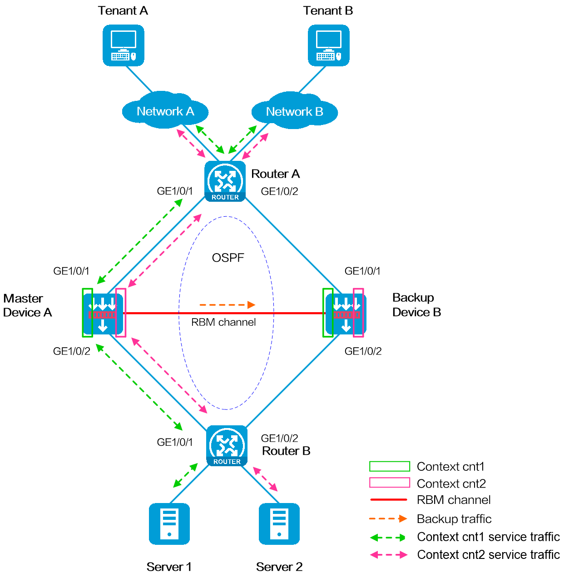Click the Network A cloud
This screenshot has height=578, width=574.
165,111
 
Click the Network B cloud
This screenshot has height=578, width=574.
294,111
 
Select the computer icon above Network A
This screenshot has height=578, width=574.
124,45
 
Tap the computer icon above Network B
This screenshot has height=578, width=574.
329,45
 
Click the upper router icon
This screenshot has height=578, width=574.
225,181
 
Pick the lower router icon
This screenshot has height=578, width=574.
227,446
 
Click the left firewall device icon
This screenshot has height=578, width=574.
104,314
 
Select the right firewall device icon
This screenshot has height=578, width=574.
346,314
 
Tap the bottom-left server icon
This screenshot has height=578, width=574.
169,523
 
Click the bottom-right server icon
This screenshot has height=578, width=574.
279,523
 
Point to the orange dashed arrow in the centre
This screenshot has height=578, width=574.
228,305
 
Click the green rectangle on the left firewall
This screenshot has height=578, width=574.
87,313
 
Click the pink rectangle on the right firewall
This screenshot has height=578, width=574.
359,313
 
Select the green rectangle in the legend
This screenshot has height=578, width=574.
390,466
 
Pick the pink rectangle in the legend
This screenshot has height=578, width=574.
390,483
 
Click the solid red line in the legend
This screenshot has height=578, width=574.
389,499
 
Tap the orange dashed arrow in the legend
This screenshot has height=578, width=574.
388,518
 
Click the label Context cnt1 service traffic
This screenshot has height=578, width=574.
488,537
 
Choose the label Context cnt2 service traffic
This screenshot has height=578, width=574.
488,555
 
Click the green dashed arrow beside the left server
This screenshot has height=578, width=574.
185,475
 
